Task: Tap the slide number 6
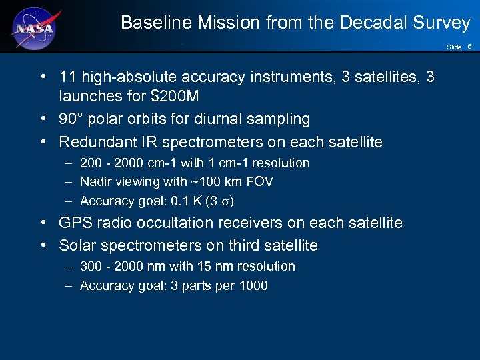click(469, 47)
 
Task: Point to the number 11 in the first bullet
click(67, 77)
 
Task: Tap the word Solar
click(77, 245)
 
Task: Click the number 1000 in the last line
click(253, 286)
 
